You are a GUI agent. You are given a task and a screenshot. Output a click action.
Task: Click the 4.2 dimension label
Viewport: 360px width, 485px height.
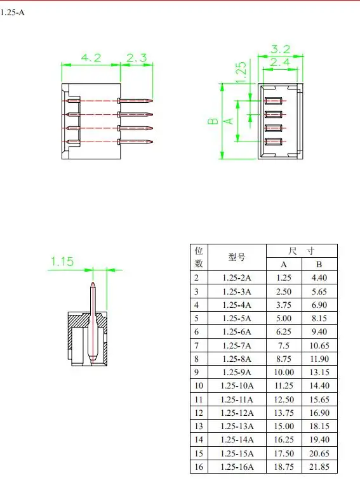point(91,58)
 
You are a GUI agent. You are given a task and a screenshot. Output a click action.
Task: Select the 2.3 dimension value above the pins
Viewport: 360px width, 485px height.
point(137,58)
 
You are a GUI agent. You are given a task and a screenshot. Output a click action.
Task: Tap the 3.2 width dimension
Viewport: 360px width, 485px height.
point(281,48)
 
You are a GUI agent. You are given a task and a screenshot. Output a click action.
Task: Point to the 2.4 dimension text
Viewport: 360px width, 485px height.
point(281,62)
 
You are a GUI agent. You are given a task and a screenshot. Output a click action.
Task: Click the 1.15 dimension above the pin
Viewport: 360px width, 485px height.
point(63,261)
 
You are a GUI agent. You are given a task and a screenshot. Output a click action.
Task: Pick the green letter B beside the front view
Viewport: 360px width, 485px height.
point(214,120)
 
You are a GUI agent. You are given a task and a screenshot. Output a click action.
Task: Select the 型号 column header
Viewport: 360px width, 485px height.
point(237,258)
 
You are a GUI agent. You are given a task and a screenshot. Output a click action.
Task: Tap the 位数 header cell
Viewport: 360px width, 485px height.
point(199,258)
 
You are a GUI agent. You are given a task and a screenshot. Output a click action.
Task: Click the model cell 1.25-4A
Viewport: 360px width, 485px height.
point(237,305)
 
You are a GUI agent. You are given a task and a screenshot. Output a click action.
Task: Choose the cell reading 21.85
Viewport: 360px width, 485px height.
point(319,467)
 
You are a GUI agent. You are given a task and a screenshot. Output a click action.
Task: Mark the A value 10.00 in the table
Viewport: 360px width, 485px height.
point(284,372)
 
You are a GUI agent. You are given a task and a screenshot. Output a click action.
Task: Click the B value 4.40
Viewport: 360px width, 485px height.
point(319,277)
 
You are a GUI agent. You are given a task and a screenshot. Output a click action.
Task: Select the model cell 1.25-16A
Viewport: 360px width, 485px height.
point(237,467)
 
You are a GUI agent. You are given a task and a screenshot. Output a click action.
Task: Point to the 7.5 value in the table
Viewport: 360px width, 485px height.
point(284,345)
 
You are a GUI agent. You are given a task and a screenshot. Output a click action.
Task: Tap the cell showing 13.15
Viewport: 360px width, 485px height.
point(319,372)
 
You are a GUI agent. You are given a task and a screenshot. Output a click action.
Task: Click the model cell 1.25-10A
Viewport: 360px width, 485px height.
point(237,385)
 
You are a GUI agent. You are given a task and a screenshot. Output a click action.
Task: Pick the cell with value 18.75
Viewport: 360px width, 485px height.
point(284,467)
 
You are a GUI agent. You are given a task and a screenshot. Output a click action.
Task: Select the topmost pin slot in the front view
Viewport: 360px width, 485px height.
point(273,101)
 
